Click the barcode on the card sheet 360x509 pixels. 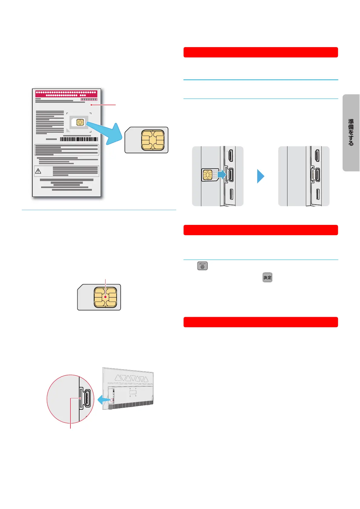click(79, 139)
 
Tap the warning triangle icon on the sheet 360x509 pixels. click(38, 171)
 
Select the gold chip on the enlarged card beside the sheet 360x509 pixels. click(153, 140)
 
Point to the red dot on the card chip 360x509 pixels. click(105, 297)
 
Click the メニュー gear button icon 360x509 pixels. click(203, 266)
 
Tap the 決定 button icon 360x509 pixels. click(267, 277)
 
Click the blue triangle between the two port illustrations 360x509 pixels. click(261, 176)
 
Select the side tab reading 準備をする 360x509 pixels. click(351, 133)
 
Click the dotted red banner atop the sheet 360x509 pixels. click(66, 93)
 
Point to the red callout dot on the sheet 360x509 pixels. click(91, 105)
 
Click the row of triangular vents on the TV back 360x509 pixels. click(132, 378)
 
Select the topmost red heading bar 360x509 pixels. click(261, 52)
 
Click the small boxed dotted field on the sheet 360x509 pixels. click(89, 99)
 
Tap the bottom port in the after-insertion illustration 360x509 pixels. click(317, 194)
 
